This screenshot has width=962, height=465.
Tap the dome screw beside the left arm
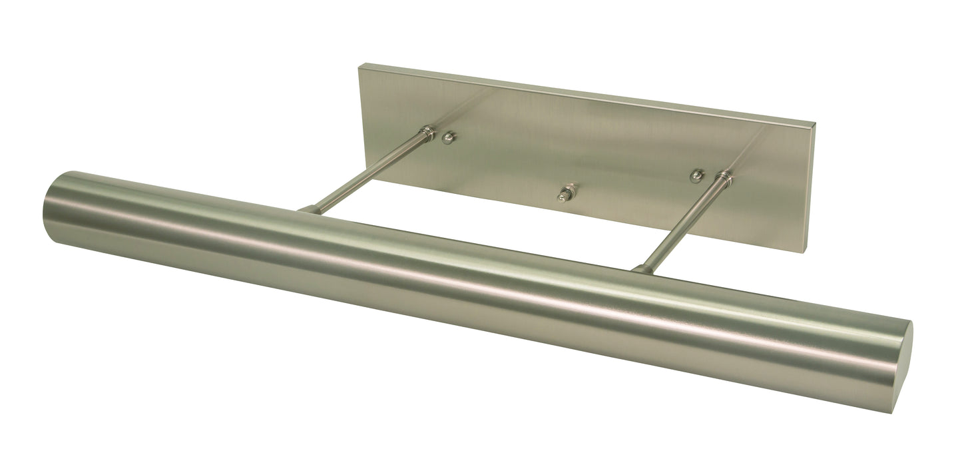click(450, 137)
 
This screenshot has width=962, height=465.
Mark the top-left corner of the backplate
click(360, 66)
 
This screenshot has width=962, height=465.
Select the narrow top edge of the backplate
click(586, 93)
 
